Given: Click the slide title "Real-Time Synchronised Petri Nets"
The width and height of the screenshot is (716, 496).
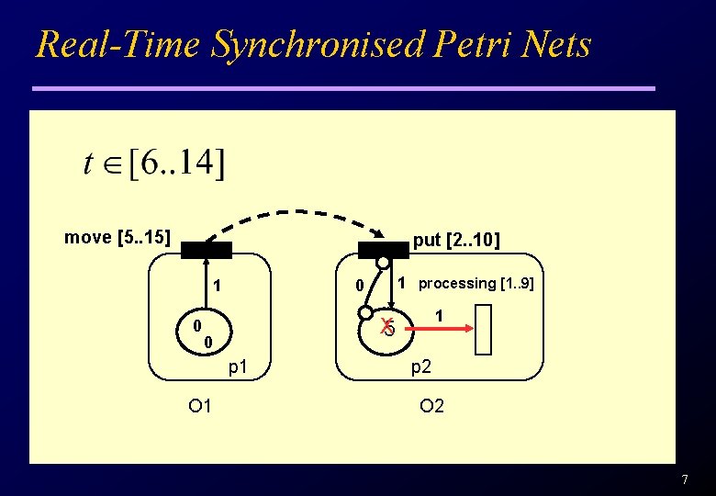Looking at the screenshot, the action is (313, 44).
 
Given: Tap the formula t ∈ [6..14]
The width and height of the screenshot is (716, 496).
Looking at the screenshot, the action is (153, 163).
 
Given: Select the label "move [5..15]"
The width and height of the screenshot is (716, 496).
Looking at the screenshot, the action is (117, 238).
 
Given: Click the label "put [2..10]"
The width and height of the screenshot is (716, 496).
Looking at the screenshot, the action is (456, 241).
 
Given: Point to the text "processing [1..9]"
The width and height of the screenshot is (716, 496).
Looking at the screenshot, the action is (475, 283).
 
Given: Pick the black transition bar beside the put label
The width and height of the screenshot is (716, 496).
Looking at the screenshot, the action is (383, 250).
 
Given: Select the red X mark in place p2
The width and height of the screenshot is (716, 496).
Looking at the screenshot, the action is (387, 323).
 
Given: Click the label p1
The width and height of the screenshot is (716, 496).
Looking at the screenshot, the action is (238, 367).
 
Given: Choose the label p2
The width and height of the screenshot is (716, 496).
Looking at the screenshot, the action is (421, 367).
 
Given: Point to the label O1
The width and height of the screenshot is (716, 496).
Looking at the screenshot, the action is (200, 405).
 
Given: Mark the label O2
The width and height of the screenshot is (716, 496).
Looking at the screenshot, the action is (431, 405).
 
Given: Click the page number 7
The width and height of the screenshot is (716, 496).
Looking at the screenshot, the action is (684, 480).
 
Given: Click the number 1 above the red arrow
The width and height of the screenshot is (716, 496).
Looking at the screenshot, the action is (439, 315).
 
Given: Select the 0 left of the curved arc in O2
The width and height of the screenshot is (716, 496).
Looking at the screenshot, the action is (361, 287).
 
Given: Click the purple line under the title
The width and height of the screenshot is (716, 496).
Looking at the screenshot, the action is (343, 88).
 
